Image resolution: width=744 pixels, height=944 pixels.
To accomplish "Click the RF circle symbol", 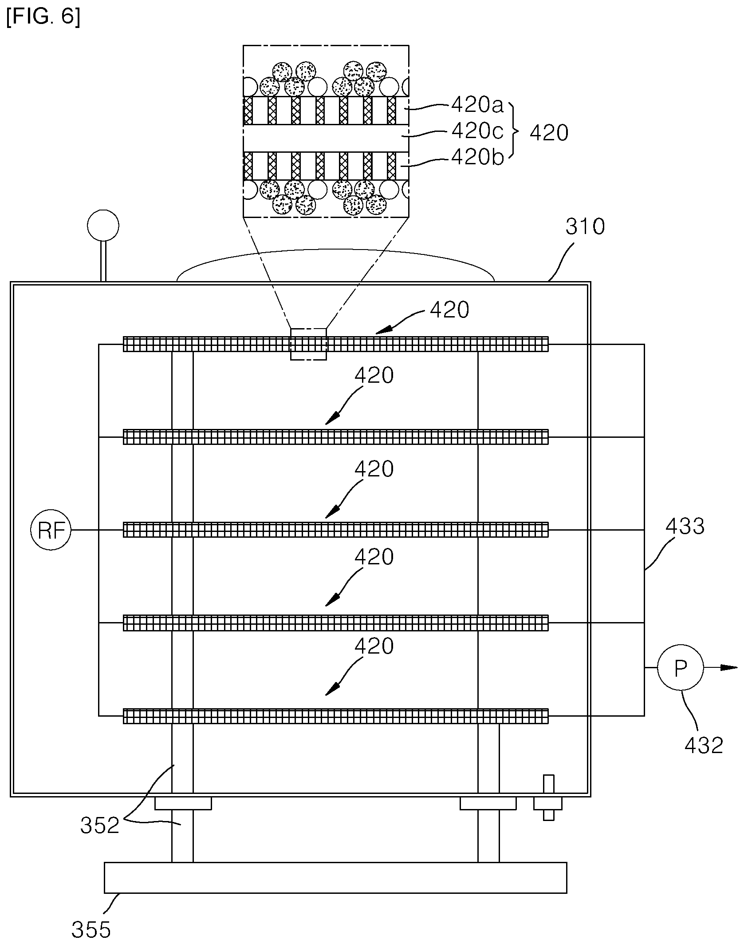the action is tap(51, 530).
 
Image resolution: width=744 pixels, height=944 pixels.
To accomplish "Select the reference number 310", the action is tap(585, 227).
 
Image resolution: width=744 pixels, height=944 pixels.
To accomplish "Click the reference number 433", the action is tap(685, 527).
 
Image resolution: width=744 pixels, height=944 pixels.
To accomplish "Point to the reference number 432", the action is tap(704, 745).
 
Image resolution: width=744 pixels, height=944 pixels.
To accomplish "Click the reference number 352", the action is tap(100, 825).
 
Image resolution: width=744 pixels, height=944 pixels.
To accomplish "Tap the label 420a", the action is tap(478, 105).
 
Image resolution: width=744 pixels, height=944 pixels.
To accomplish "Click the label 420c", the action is tap(477, 132).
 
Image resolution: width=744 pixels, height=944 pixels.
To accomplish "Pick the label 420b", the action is tap(478, 158).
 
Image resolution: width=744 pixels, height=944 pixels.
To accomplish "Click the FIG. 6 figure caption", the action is tap(43, 17).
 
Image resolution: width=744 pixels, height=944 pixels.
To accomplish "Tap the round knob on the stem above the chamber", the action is tap(103, 226).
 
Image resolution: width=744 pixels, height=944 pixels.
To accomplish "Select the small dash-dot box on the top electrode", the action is tap(308, 344).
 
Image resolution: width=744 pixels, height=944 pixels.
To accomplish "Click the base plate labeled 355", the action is tap(335, 877).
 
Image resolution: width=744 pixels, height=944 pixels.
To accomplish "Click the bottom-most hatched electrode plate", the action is tap(336, 716).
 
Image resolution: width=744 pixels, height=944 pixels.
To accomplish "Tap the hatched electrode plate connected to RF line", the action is tap(336, 530).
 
